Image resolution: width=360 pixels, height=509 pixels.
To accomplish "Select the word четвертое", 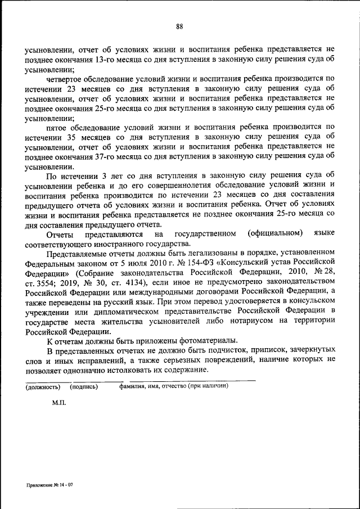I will pyautogui.click(x=64, y=80).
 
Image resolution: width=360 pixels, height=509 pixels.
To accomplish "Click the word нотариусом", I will pyautogui.click(x=252, y=321).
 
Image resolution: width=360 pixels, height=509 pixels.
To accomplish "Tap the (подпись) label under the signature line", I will pyautogui.click(x=84, y=387).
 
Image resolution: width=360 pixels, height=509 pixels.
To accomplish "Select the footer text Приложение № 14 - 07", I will pyautogui.click(x=49, y=485).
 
